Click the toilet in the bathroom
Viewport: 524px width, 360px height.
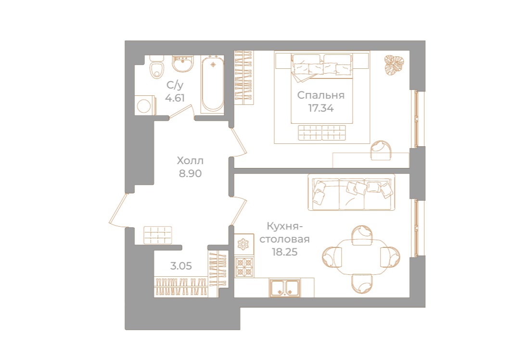156,68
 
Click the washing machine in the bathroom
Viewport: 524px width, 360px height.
146,105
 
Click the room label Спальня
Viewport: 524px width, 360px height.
320,95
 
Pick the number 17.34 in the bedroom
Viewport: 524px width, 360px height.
321,108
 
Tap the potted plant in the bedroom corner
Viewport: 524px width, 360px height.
395,64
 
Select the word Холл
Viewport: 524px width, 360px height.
190,160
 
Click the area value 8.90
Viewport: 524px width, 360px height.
190,173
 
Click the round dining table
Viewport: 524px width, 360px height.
361,253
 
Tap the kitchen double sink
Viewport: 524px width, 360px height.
285,288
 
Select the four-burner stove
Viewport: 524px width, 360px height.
244,267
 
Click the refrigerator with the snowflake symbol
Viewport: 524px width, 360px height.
244,244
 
